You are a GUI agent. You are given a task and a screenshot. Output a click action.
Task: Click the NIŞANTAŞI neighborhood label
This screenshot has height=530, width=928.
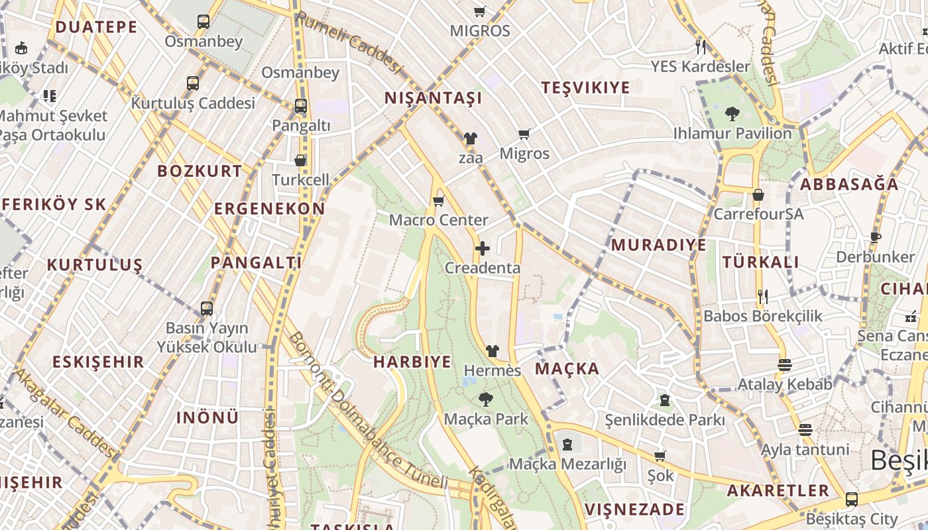(434, 99)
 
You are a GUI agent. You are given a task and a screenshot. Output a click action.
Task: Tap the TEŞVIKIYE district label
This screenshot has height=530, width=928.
(585, 87)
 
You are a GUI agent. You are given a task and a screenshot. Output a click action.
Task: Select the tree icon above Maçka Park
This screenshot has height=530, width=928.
(486, 399)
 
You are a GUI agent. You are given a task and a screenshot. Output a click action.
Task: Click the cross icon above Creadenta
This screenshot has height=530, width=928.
(483, 249)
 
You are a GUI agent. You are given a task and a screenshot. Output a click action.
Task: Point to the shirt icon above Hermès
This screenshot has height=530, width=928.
(492, 350)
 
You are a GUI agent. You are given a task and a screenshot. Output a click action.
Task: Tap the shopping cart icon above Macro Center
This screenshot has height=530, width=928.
(438, 201)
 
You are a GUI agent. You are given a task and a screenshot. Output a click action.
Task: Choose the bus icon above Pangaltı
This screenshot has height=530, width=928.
(301, 106)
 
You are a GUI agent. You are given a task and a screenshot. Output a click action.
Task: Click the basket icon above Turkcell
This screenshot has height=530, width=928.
(300, 160)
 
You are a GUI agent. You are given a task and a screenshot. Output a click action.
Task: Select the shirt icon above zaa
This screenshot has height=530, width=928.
(470, 138)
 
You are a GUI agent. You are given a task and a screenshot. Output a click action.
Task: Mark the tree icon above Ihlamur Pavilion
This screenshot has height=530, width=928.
(732, 114)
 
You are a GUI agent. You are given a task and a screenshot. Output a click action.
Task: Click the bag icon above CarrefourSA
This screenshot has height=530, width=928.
(758, 195)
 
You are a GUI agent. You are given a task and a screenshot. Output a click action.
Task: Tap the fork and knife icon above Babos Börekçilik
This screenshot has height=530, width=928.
(762, 296)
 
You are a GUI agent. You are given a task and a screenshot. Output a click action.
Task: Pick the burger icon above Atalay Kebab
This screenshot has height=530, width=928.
(785, 365)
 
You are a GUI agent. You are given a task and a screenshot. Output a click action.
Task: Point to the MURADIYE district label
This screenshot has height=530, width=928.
(658, 244)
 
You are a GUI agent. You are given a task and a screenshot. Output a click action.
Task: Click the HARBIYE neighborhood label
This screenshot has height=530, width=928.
(412, 362)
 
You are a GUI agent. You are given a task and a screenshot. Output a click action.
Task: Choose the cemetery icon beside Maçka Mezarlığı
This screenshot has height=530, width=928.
(567, 445)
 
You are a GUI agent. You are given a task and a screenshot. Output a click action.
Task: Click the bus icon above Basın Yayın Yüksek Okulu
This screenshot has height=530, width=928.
(207, 309)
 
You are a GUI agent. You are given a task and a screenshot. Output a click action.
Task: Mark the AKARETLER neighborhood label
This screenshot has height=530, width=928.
(778, 490)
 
